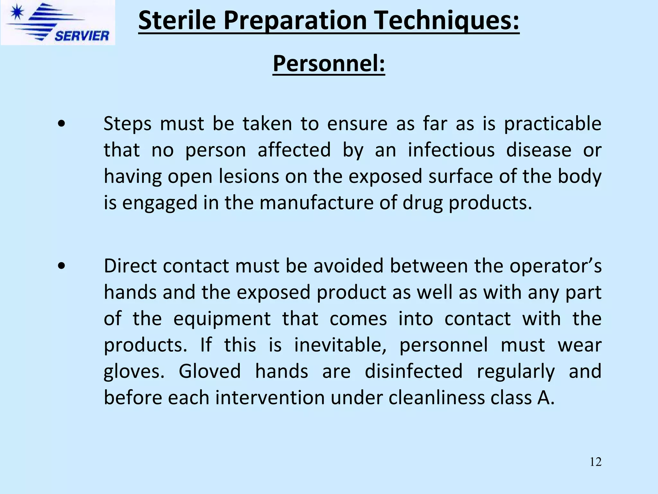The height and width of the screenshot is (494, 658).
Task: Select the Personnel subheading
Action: coord(329,63)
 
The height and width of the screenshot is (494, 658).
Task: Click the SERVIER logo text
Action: coord(82,36)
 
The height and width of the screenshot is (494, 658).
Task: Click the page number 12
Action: coord(595,462)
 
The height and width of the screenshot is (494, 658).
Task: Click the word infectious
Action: coord(451,150)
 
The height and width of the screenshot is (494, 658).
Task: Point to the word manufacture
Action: coord(316,203)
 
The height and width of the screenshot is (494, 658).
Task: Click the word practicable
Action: coord(552,124)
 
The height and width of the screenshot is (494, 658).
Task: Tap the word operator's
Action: coord(556,266)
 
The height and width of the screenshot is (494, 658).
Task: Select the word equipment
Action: coord(222,319)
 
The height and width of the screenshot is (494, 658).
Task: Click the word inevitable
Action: coord(340,345)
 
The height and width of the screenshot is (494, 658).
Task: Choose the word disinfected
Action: coord(414,371)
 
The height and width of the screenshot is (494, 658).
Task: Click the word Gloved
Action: coord(209,371)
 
